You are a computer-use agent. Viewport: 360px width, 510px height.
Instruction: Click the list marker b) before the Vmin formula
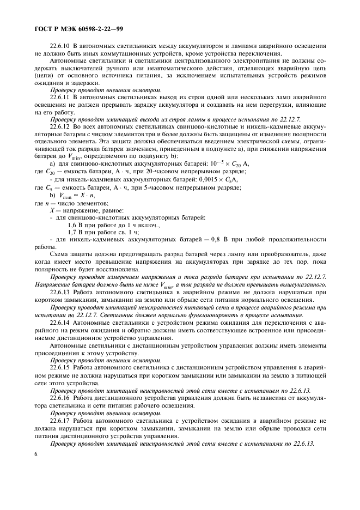click(53, 195)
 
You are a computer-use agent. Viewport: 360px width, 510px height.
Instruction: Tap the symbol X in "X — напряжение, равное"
click(52, 210)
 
